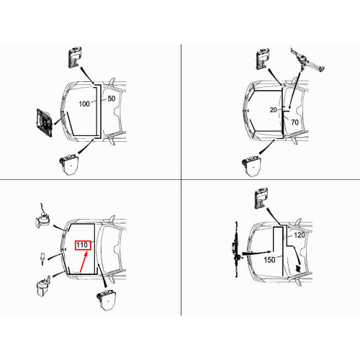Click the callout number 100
click(84, 104)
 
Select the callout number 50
click(112, 99)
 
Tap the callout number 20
click(274, 110)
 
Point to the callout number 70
click(294, 122)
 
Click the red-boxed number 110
click(82, 245)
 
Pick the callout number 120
click(300, 235)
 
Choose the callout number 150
click(269, 260)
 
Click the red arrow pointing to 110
click(84, 261)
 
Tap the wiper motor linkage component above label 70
click(307, 60)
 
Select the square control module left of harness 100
click(44, 122)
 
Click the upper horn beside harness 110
click(42, 216)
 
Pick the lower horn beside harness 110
click(43, 286)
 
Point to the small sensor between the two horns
click(42, 258)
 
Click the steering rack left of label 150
click(236, 250)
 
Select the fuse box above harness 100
click(75, 57)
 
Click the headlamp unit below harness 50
click(69, 165)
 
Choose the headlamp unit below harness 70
click(251, 166)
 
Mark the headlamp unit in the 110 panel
click(107, 300)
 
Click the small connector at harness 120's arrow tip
click(298, 269)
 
